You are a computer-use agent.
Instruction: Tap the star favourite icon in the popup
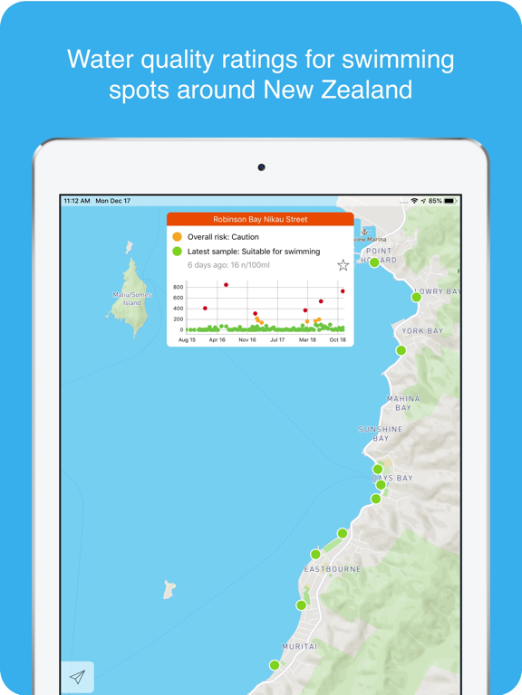[x=343, y=265]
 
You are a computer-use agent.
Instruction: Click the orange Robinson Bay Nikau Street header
[x=260, y=219]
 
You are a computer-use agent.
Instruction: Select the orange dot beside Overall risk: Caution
[x=178, y=237]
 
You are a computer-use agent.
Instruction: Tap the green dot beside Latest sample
[x=178, y=252]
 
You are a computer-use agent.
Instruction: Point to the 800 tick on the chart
[x=178, y=287]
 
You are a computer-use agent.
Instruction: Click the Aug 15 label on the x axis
[x=188, y=340]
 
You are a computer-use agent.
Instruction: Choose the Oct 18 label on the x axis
[x=338, y=340]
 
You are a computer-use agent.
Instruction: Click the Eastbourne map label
[x=333, y=569]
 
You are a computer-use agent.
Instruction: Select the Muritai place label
[x=299, y=647]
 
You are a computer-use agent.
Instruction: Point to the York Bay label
[x=423, y=331]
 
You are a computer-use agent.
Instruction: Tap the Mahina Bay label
[x=403, y=403]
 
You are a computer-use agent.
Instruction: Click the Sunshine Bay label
[x=381, y=433]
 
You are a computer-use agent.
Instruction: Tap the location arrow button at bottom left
[x=78, y=677]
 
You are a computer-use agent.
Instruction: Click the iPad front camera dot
[x=261, y=167]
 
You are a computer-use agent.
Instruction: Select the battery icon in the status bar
[x=449, y=201]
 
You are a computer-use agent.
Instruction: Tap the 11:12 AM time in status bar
[x=77, y=201]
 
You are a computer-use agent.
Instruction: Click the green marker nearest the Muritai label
[x=275, y=665]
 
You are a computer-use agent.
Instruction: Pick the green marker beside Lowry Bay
[x=417, y=297]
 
